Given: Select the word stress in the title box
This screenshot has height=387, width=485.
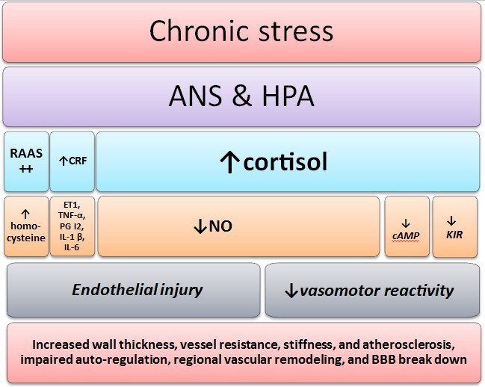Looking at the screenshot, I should coord(289,32).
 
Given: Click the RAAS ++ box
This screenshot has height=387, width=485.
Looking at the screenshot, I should coord(26,162).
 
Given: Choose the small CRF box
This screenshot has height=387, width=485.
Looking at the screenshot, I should coord(72,162).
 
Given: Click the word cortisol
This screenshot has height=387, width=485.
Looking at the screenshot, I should coord(285,162).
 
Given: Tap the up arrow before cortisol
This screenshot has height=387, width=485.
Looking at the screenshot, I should coord(231,162).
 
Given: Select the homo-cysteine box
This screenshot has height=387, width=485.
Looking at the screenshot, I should coord(26,226).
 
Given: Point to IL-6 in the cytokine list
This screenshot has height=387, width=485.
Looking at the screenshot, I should coord(72,247).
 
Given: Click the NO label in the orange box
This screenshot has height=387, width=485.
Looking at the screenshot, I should coord(223,226).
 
